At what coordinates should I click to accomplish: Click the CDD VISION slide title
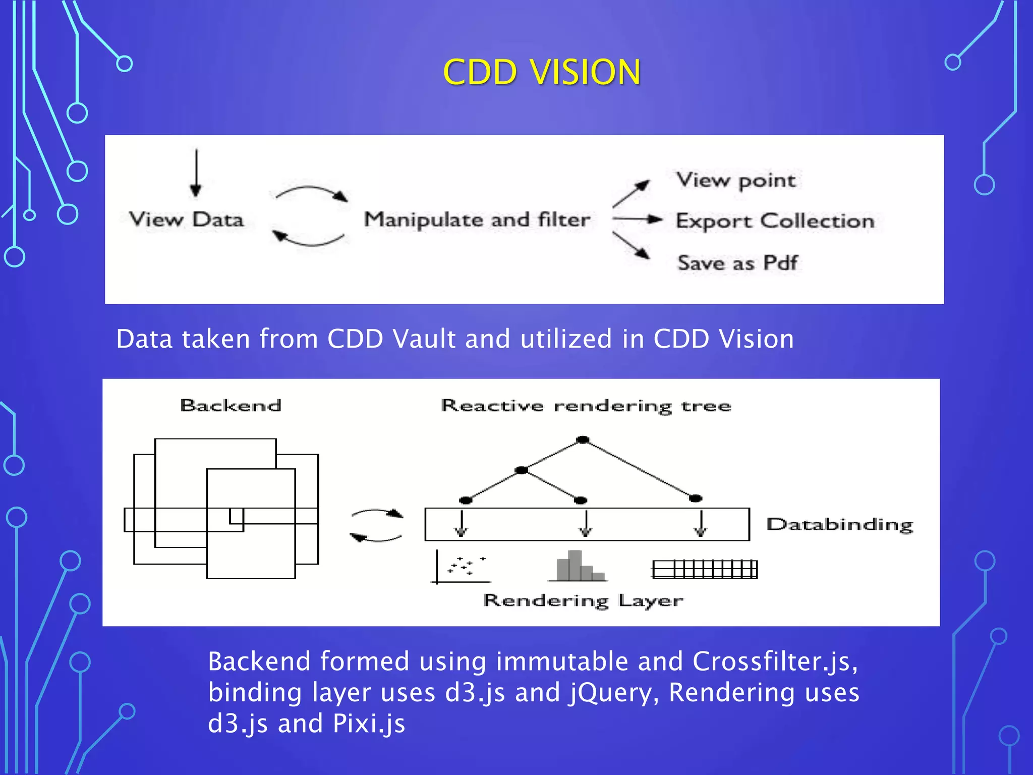click(x=542, y=72)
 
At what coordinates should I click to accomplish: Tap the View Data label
click(x=186, y=219)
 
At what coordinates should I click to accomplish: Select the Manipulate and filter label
click(x=477, y=219)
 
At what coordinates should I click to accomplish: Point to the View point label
click(x=736, y=180)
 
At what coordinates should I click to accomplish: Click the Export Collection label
click(x=775, y=221)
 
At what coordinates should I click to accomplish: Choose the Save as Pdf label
click(x=737, y=263)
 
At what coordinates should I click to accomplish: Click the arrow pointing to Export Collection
click(x=637, y=219)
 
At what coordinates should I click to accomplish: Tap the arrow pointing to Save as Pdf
click(x=632, y=246)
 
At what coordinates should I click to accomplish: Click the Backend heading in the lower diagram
click(x=231, y=406)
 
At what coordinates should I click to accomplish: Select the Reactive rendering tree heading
click(x=586, y=406)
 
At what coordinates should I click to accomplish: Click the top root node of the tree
click(x=583, y=440)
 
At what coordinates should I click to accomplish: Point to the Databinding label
click(x=840, y=524)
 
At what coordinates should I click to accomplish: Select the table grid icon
click(x=705, y=570)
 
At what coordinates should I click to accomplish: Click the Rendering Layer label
click(x=583, y=600)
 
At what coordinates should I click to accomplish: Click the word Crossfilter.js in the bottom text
click(x=775, y=661)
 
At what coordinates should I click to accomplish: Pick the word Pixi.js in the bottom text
click(x=369, y=724)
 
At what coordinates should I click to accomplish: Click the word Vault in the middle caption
click(x=424, y=339)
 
